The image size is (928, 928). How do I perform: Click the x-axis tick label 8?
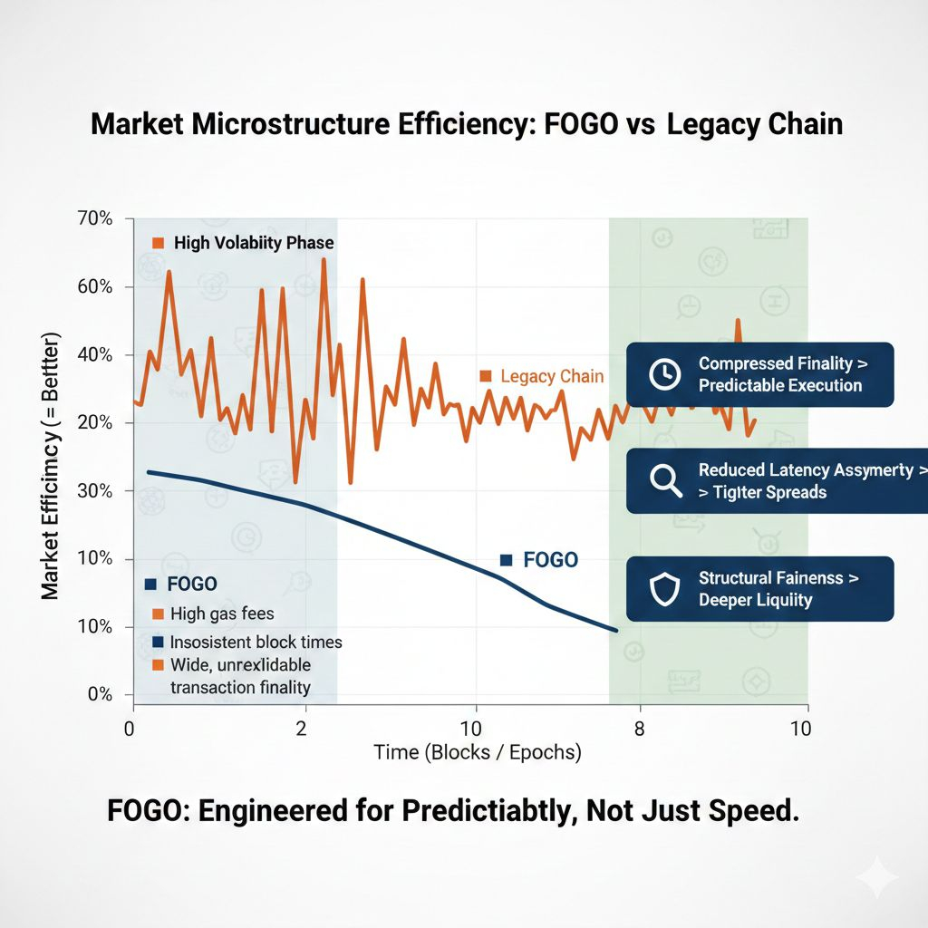[x=639, y=729]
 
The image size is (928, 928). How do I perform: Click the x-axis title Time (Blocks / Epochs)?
[x=478, y=752]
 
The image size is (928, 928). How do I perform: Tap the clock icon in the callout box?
[x=664, y=373]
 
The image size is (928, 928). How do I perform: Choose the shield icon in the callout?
[x=664, y=588]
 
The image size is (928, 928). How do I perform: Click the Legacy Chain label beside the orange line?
[x=551, y=376]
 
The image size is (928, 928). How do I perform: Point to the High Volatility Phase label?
[x=253, y=243]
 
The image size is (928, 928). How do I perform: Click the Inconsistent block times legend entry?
[x=256, y=642]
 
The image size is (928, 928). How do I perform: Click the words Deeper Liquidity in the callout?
[x=755, y=599]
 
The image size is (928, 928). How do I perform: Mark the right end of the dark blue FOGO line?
[x=616, y=630]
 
